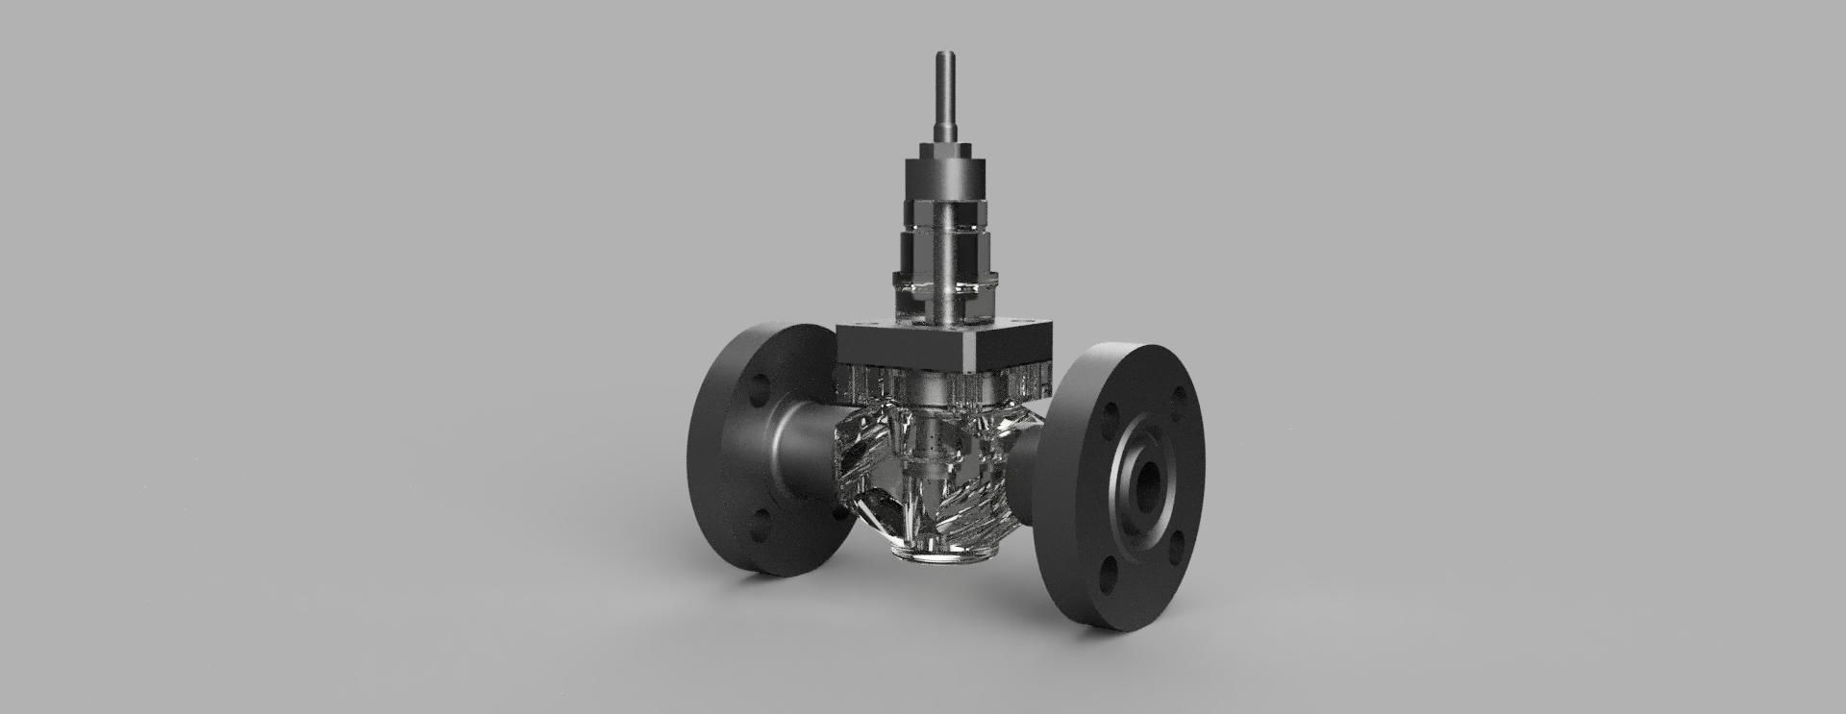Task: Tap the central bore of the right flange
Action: (x=1147, y=480)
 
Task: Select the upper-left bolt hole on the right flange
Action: (x=1110, y=414)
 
